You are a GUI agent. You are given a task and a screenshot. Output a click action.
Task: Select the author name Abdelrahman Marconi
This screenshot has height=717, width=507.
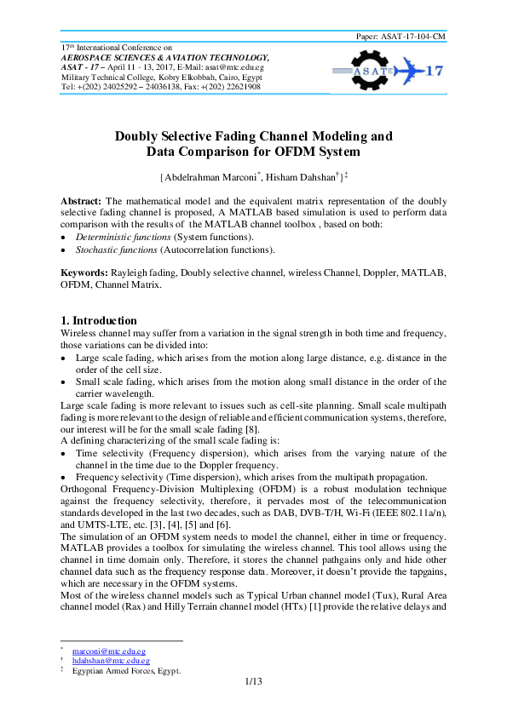pyautogui.click(x=215, y=177)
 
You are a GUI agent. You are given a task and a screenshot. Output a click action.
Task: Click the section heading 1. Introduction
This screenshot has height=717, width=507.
pyautogui.click(x=98, y=320)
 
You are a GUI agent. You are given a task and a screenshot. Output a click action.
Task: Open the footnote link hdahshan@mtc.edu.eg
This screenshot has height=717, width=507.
pyautogui.click(x=111, y=661)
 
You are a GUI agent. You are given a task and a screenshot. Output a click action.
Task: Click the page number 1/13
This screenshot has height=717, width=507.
pyautogui.click(x=253, y=682)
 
